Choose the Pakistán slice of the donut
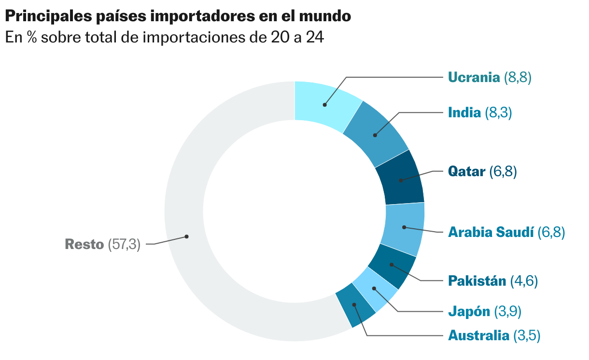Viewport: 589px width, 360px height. pyautogui.click(x=391, y=266)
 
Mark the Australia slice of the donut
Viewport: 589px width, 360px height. pyautogui.click(x=355, y=306)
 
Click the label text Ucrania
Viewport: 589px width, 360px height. pyautogui.click(x=474, y=77)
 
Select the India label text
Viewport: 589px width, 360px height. pyautogui.click(x=464, y=113)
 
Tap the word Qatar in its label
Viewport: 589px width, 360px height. pyautogui.click(x=466, y=171)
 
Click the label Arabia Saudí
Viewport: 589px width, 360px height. pyautogui.click(x=491, y=233)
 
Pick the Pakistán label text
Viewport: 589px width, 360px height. pyautogui.click(x=477, y=281)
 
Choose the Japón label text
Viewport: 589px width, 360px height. pyautogui.click(x=469, y=311)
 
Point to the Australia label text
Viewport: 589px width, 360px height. pyautogui.click(x=478, y=335)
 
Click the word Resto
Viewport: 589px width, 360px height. pyautogui.click(x=84, y=245)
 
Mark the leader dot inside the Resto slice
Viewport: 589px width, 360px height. pyautogui.click(x=186, y=236)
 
